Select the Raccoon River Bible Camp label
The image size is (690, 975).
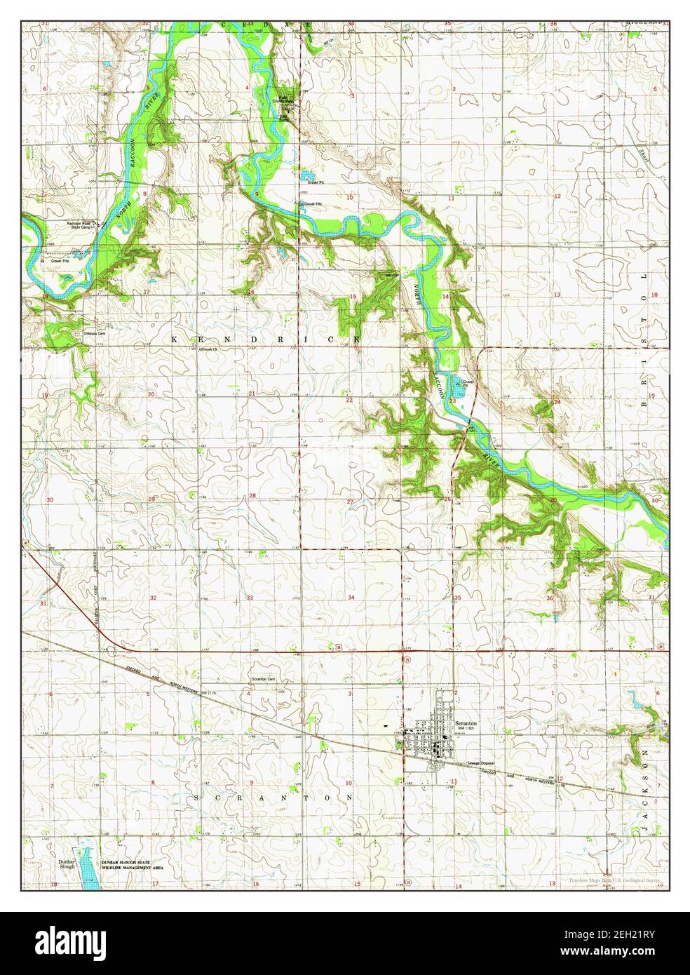[79, 225]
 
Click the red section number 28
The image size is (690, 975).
[252, 495]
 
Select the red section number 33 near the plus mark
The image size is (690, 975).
[250, 598]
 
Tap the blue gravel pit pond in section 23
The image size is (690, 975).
[456, 383]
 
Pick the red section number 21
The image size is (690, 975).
[252, 394]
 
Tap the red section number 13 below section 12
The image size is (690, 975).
[556, 294]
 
